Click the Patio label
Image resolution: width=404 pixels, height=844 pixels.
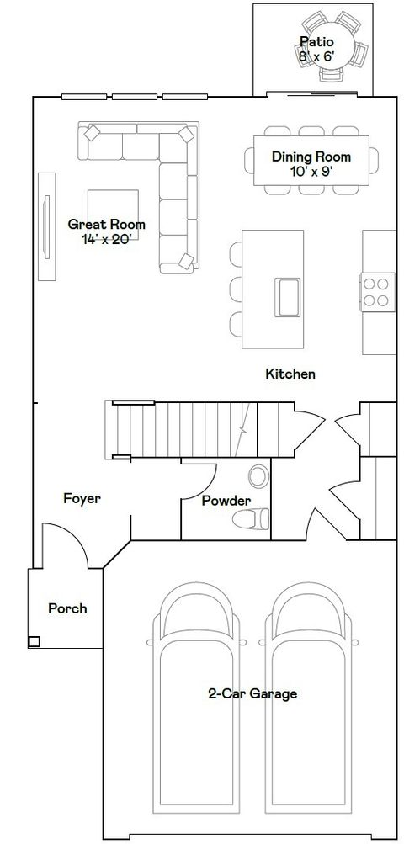[x=316, y=41]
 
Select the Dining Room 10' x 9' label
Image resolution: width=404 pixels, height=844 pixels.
[x=311, y=163]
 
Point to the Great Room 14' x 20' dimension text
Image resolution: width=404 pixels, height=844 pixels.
[x=105, y=238]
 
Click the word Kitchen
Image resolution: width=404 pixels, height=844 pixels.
[x=290, y=373]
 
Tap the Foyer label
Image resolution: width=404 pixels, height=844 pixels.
[x=82, y=498]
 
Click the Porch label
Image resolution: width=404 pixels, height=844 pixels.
[x=67, y=608]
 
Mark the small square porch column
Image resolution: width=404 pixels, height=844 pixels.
[x=34, y=642]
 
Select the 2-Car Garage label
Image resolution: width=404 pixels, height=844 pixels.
[x=252, y=694]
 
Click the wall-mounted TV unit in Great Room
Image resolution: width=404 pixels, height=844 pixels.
[x=45, y=228]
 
